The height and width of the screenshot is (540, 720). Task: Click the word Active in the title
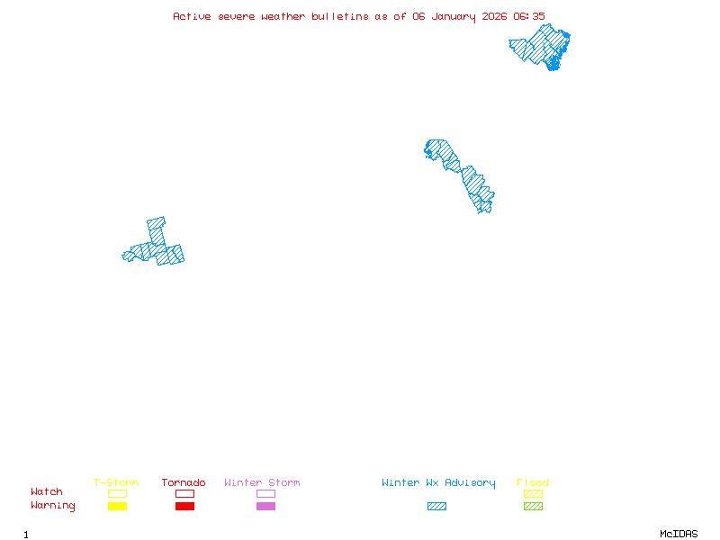click(x=192, y=16)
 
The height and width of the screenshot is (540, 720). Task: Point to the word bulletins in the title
click(x=339, y=16)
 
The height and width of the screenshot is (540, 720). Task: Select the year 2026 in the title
click(x=493, y=16)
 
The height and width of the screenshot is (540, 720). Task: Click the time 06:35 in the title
click(x=529, y=16)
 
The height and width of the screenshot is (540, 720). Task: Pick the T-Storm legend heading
click(x=116, y=483)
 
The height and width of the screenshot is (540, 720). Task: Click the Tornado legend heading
click(x=184, y=483)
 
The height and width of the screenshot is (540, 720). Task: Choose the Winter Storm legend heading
click(x=262, y=483)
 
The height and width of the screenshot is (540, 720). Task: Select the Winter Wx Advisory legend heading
click(x=438, y=483)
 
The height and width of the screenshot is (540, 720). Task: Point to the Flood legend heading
click(x=533, y=483)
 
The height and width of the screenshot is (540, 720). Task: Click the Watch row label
click(x=47, y=492)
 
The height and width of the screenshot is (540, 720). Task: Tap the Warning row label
click(x=53, y=506)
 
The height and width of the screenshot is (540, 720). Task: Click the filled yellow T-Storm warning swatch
click(x=117, y=507)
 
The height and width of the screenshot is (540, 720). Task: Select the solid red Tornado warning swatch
click(x=184, y=507)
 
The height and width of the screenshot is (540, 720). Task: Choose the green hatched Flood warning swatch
click(x=533, y=507)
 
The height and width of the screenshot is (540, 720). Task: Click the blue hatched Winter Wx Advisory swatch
click(x=436, y=507)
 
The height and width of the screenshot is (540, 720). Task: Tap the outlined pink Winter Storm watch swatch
click(x=265, y=493)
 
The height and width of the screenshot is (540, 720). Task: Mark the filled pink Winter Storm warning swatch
click(x=265, y=507)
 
